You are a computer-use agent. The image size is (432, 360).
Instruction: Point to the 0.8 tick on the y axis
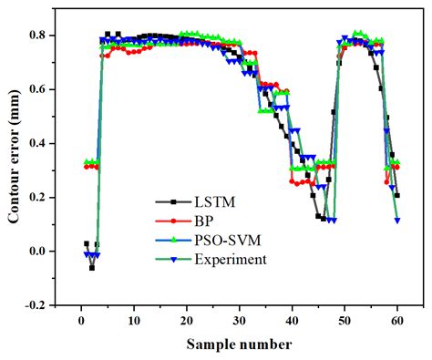click(44, 36)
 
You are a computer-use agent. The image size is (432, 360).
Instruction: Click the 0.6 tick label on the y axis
click(44, 89)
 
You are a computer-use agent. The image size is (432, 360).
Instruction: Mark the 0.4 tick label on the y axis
click(44, 143)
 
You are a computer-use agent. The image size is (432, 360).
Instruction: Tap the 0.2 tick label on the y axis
click(44, 198)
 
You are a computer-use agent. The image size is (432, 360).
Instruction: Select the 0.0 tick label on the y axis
click(44, 252)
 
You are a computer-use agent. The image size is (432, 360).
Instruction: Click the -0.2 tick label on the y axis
click(42, 305)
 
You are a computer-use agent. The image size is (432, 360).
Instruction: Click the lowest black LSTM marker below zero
click(92, 267)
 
